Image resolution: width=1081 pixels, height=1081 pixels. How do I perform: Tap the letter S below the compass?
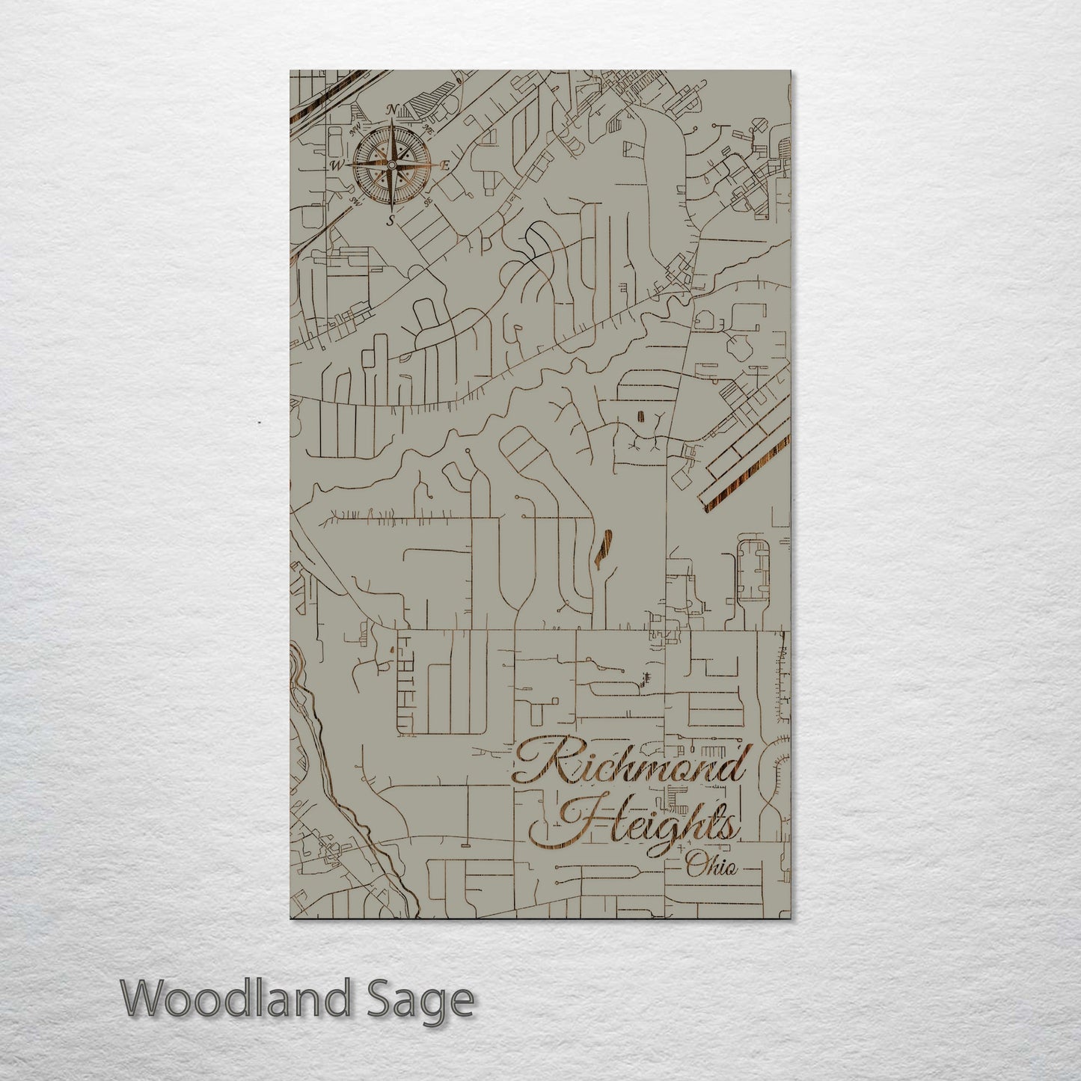click(x=390, y=220)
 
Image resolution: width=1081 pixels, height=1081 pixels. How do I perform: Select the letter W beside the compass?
click(x=338, y=165)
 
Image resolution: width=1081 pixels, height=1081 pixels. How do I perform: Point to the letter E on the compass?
click(x=444, y=166)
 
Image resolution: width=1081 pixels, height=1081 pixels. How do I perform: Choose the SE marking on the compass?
click(x=427, y=200)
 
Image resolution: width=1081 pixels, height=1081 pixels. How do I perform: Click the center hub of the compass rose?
click(x=391, y=165)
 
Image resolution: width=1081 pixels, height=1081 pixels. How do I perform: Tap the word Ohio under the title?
click(x=711, y=867)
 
